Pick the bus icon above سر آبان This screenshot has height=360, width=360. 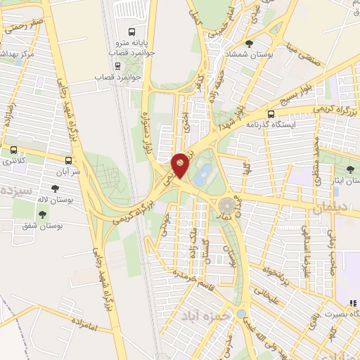pyautogui.click(x=68, y=160)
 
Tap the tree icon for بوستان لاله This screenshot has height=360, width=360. pyautogui.click(x=55, y=188)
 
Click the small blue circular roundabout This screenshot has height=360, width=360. pyautogui.click(x=242, y=314)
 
